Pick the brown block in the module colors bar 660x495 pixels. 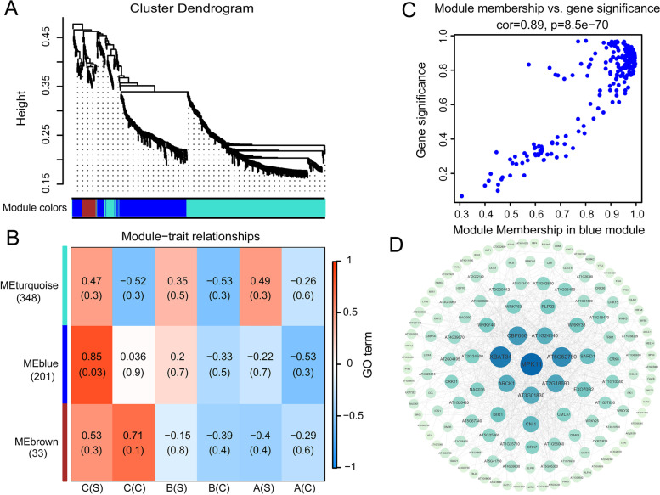point(88,207)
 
